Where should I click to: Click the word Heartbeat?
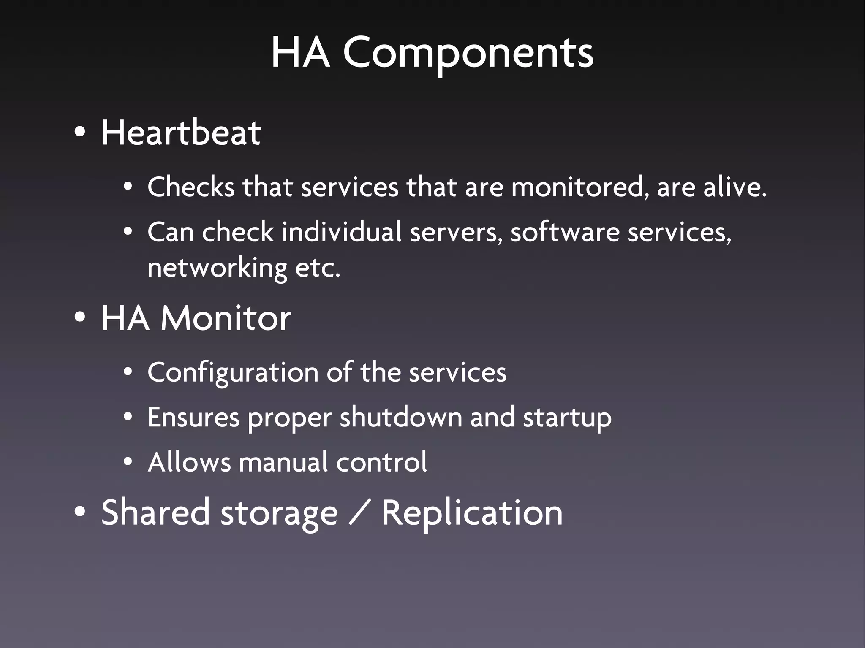pos(181,133)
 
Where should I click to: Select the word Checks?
pos(190,187)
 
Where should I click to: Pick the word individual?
pos(341,232)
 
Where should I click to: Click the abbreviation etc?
pos(318,268)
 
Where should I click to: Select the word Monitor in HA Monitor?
pos(226,318)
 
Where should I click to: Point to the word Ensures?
pos(193,418)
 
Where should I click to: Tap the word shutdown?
pos(401,418)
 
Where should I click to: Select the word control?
pos(381,462)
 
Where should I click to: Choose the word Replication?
pos(472,513)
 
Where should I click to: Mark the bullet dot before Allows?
pos(128,462)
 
